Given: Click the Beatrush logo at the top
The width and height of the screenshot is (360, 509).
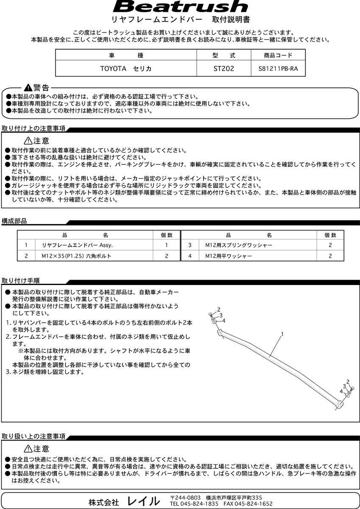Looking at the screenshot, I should (x=180, y=7).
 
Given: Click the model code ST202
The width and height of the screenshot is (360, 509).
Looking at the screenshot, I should (x=223, y=68).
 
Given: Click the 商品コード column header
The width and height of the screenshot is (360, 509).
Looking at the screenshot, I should (x=278, y=56).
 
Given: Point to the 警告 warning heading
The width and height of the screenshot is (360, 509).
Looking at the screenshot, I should (x=37, y=88).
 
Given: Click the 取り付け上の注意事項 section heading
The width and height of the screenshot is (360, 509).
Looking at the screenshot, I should (x=33, y=129).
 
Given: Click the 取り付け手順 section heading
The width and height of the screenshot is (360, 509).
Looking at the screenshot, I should (x=21, y=281).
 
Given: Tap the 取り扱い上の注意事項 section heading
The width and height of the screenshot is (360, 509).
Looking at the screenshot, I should (x=33, y=436).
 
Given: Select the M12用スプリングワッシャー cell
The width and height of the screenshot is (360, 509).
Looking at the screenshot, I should (x=239, y=245).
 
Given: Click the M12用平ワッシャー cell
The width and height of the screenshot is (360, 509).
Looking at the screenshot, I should (x=229, y=256).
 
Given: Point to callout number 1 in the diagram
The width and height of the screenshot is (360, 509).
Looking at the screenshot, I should (x=282, y=334).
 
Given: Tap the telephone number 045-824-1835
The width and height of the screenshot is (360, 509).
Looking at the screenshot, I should (x=199, y=503).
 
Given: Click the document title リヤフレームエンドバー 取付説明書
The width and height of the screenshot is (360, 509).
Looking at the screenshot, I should (x=180, y=20).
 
